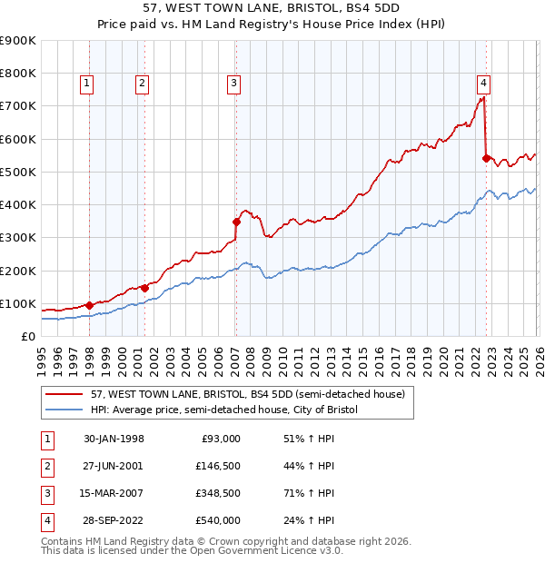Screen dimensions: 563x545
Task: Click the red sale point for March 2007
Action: (x=236, y=221)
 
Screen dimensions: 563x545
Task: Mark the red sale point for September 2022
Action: (x=486, y=158)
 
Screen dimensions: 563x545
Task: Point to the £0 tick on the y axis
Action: (x=27, y=336)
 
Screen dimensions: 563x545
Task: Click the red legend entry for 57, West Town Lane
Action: (x=240, y=393)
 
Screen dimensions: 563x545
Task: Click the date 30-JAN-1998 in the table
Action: (x=114, y=439)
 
